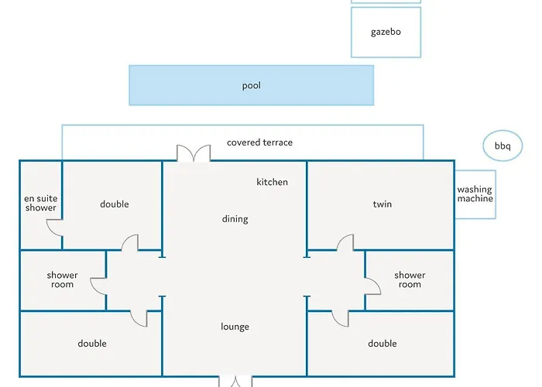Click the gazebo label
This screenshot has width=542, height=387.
(x=386, y=33)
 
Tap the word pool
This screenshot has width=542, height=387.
(x=252, y=86)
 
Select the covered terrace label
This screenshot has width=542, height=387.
(x=259, y=142)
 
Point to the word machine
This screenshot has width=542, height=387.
(x=475, y=198)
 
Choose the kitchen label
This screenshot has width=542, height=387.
(x=272, y=182)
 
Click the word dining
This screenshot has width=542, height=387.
(x=235, y=219)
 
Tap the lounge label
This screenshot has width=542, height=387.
(x=235, y=327)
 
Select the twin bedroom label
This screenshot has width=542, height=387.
(x=382, y=204)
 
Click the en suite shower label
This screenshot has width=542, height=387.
(x=41, y=203)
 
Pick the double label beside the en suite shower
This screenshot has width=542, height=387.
(x=115, y=204)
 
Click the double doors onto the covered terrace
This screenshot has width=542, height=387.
(x=194, y=153)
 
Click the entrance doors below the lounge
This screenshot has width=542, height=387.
(x=235, y=382)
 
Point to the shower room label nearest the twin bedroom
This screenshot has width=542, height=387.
(x=410, y=280)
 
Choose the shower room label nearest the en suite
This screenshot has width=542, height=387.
(x=62, y=280)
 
